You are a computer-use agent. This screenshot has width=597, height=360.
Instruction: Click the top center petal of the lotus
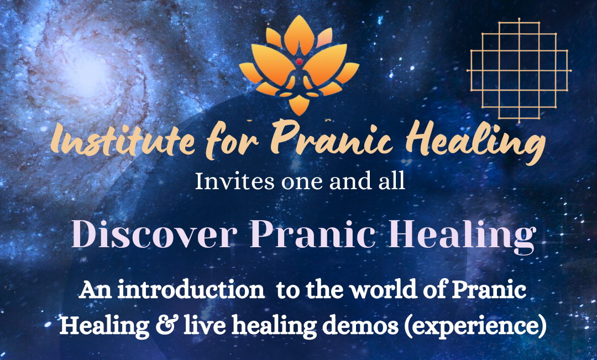coord(299,33)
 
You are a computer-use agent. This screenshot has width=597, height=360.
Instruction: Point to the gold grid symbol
coord(519,70)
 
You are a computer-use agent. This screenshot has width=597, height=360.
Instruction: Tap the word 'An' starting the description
coord(91,291)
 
